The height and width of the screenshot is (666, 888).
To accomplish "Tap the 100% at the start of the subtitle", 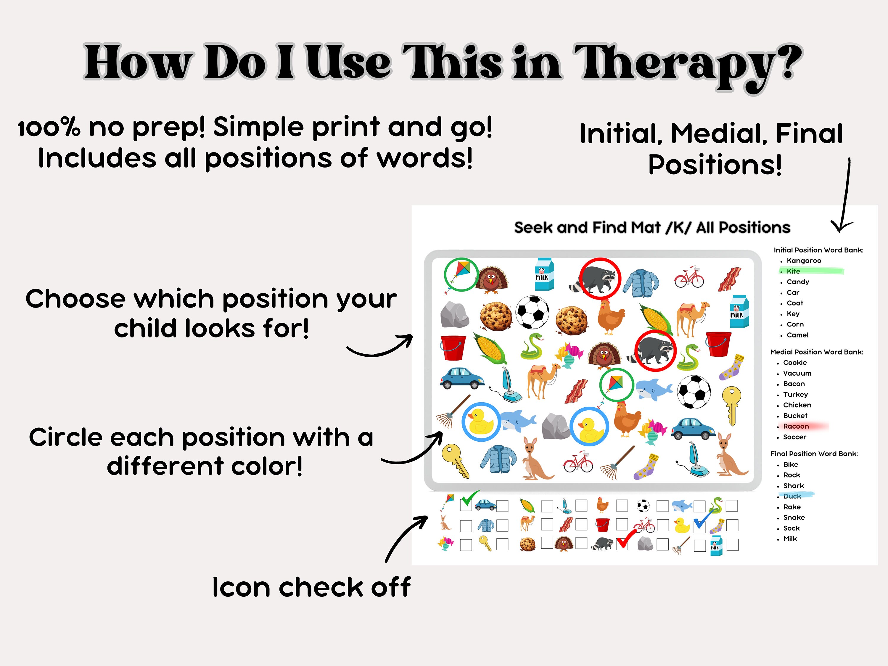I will point(48,128).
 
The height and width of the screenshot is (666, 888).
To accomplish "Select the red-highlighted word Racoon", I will point(796,426).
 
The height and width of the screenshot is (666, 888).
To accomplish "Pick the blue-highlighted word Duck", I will point(792,496).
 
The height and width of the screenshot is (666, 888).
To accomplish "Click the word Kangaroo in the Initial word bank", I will point(804,260).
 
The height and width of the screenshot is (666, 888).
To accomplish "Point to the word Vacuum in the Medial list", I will point(797,373).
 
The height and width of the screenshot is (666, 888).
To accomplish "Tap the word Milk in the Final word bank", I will point(790,539).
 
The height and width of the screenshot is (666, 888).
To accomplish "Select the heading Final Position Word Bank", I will point(814,454).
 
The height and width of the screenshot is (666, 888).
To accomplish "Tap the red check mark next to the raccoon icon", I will point(625,539).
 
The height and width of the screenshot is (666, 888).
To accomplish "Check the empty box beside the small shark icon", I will point(700,506).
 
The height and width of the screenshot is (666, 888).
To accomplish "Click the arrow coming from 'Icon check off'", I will point(406,538).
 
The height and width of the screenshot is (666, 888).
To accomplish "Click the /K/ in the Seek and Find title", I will point(678,228).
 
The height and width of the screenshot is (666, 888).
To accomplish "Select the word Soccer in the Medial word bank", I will point(794,437).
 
